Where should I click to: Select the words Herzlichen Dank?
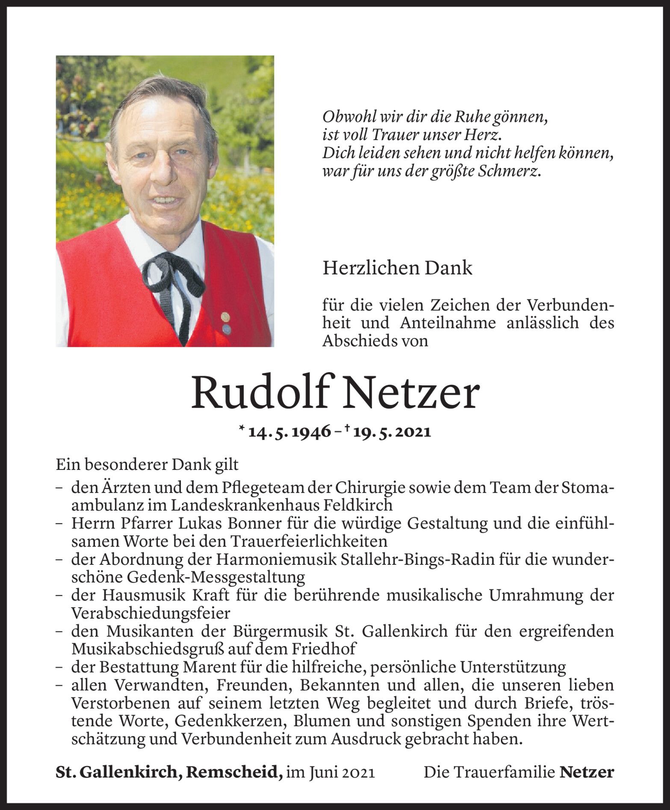pyautogui.click(x=397, y=268)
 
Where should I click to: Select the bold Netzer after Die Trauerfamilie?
pyautogui.click(x=586, y=772)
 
